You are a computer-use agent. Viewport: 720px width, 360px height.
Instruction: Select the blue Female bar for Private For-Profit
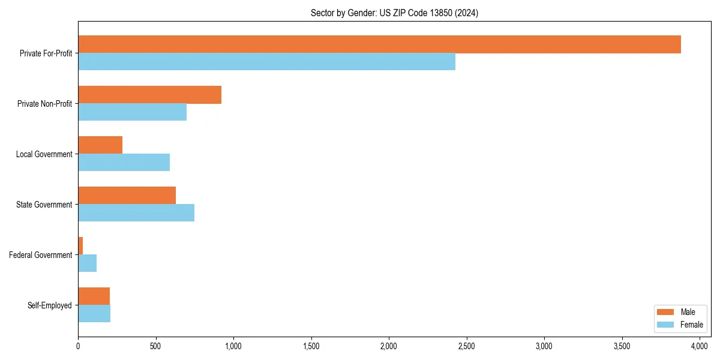266,62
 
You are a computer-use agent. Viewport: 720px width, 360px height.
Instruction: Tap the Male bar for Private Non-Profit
149,95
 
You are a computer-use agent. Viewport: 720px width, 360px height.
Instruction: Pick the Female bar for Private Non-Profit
132,112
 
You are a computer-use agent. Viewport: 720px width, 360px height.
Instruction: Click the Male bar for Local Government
100,145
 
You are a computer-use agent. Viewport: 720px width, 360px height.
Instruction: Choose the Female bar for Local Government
124,163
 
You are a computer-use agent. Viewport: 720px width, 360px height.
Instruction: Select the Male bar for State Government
127,196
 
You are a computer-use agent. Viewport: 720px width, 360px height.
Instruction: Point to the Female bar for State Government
136,213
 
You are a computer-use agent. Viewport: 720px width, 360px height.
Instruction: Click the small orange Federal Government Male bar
80,246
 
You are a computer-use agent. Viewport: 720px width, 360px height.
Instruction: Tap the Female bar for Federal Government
87,263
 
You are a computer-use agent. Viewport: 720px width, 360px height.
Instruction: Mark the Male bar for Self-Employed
94,296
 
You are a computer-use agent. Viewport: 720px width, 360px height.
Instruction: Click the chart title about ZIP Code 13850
394,13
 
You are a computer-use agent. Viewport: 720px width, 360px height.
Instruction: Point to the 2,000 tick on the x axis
389,346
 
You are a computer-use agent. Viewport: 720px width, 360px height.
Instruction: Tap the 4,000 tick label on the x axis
700,346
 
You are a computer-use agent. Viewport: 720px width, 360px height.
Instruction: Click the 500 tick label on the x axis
155,346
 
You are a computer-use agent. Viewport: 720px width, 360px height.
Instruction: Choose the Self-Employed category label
50,305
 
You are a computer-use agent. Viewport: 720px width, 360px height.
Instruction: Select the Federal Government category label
41,255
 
